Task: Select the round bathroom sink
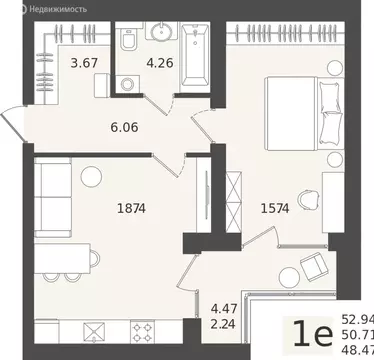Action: pos(161,31)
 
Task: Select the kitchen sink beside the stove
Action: pos(94,330)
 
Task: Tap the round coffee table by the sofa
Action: pos(92,177)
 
